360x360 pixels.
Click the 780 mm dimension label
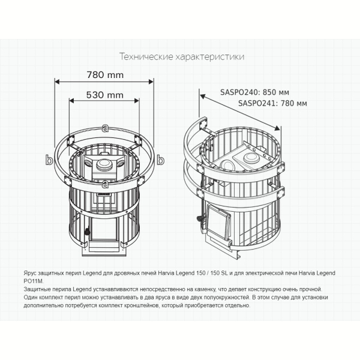pyautogui.click(x=105, y=75)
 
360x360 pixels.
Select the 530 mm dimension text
pyautogui.click(x=104, y=95)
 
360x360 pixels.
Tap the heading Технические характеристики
pyautogui.click(x=182, y=56)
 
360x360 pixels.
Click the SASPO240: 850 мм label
pyautogui.click(x=254, y=92)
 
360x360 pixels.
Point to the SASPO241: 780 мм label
pyautogui.click(x=272, y=103)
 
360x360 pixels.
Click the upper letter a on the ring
pyautogui.click(x=105, y=128)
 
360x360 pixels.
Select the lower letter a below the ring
pyautogui.click(x=105, y=184)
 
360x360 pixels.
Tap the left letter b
pyautogui.click(x=49, y=160)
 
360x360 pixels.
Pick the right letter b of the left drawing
pyautogui.click(x=160, y=160)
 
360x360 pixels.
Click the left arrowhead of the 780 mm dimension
pyautogui.click(x=57, y=82)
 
